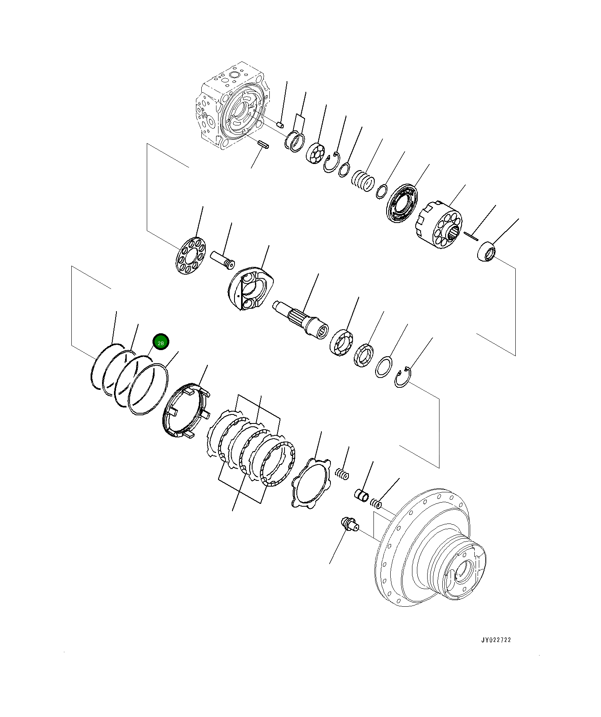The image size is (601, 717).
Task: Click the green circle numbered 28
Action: [161, 342]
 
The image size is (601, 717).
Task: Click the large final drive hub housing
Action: [430, 551]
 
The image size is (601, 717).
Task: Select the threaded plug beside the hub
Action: [348, 524]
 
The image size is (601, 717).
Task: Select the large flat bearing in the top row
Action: [402, 204]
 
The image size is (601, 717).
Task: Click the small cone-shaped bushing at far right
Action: [487, 251]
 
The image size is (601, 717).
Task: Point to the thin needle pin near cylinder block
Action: [471, 235]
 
